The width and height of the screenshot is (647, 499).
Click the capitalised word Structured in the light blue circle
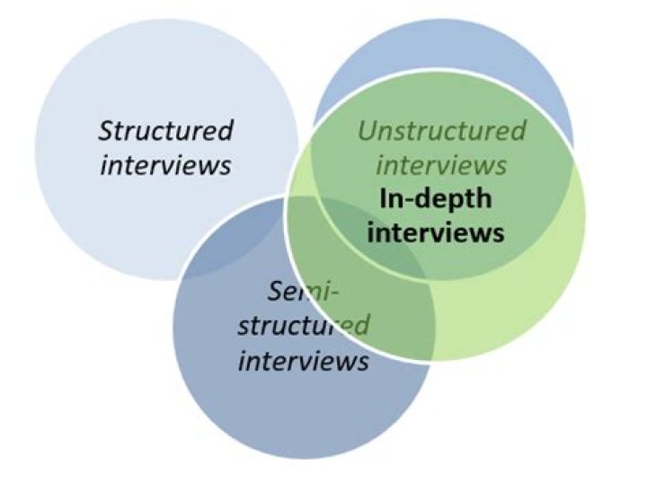166,131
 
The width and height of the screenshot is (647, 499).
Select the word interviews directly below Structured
165,165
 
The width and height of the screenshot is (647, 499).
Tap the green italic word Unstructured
441,131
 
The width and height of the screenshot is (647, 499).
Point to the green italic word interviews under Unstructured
441,165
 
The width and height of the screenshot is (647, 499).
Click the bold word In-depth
435,198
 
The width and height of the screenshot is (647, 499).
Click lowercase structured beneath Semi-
303,325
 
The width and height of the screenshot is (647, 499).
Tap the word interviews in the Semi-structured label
303,361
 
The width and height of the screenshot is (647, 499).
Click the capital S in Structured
105,131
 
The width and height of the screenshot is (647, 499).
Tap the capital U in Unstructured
367,131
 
